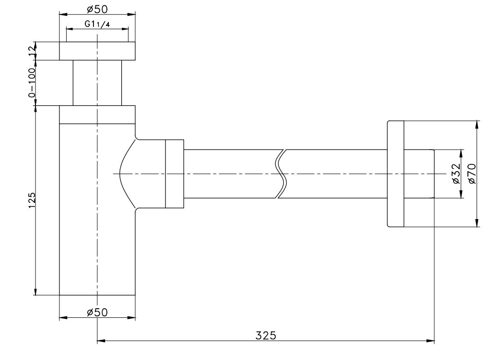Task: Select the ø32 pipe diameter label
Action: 456,174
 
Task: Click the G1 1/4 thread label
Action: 97,24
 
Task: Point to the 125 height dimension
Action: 32,200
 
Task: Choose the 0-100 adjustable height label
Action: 32,83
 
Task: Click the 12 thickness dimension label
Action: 32,51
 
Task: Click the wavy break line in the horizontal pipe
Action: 281,174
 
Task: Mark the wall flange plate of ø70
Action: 395,174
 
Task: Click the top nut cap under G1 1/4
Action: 97,51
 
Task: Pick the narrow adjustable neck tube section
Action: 97,83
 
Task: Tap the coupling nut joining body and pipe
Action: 175,174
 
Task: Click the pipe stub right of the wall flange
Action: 419,174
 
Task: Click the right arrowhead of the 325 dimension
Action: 432,342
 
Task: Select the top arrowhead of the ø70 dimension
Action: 477,124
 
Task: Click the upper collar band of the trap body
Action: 97,115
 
